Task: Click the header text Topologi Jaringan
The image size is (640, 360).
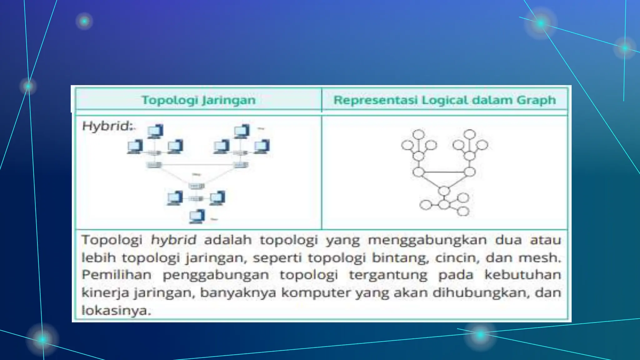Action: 199,100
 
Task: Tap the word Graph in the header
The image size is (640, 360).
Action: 536,100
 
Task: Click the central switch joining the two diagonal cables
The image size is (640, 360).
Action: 196,186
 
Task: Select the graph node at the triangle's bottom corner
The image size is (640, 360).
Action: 444,191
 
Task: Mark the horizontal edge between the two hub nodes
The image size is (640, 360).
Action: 444,172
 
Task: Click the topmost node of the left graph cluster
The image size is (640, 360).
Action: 419,134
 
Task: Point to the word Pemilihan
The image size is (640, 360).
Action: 117,275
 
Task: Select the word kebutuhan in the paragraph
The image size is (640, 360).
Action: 523,275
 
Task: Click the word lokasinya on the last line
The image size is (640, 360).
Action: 116,311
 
